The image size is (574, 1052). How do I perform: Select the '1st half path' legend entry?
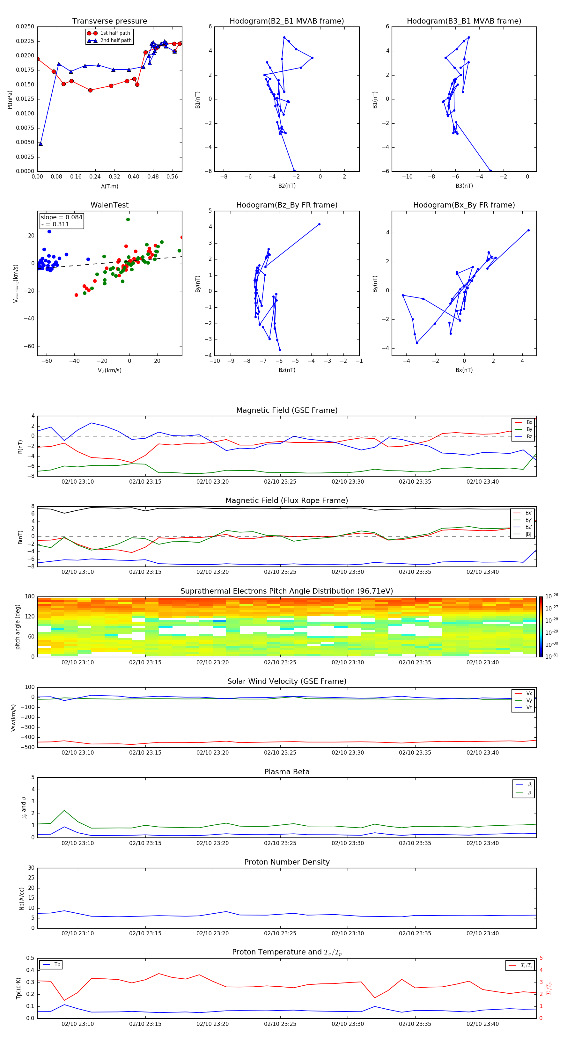click(115, 33)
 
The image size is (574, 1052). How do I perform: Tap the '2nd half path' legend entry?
click(116, 40)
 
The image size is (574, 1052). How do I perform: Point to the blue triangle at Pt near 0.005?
click(40, 144)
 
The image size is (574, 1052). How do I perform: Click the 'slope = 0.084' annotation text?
click(61, 217)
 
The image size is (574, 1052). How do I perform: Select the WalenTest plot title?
click(109, 205)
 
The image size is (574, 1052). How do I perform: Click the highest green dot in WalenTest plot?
click(128, 220)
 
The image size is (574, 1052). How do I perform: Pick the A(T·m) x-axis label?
click(109, 186)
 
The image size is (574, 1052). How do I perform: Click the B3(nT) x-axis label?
click(464, 186)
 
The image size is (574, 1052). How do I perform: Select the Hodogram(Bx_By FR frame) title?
click(464, 205)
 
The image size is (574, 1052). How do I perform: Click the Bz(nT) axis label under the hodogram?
click(287, 370)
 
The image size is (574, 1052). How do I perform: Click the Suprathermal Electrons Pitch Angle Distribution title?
click(286, 591)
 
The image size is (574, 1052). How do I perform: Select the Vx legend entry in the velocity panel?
click(529, 693)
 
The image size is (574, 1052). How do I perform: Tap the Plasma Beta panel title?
click(286, 772)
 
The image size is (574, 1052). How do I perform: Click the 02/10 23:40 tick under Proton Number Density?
click(482, 933)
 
